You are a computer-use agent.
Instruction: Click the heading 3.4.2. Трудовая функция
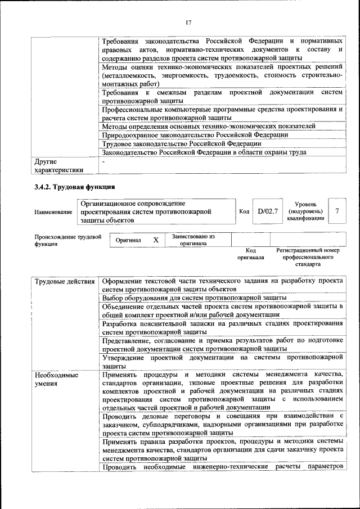point(75,187)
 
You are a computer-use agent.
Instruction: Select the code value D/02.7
point(268,211)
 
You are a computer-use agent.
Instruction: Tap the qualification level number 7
point(337,211)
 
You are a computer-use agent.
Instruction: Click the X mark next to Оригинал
point(156,240)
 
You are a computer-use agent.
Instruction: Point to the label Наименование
point(53,212)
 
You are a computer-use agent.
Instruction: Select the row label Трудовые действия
point(64,281)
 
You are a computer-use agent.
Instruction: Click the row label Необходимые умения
point(56,379)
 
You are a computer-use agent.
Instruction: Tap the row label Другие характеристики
point(58,166)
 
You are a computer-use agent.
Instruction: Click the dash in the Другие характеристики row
point(104,162)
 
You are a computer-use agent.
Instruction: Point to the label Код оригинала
point(251,254)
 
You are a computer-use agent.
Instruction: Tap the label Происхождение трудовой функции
point(67,241)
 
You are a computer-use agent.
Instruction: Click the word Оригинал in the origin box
point(128,240)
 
